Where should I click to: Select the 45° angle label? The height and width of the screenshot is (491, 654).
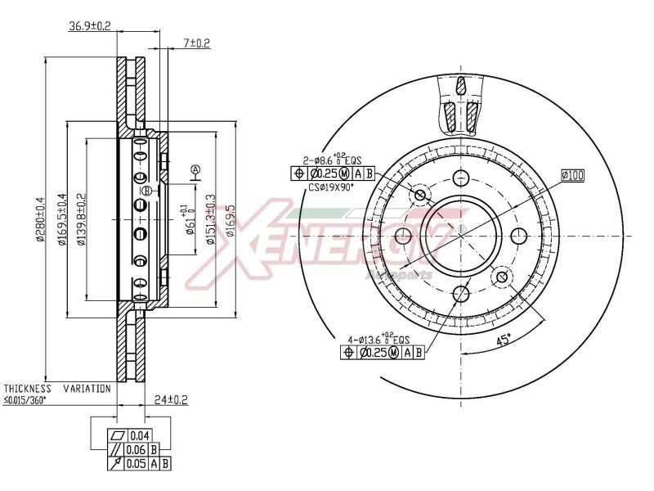pos(505,339)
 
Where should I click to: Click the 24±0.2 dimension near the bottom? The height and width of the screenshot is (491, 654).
pos(171,400)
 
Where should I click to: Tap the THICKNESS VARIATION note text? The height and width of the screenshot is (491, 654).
pos(56,389)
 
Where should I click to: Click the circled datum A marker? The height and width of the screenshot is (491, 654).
pos(195,170)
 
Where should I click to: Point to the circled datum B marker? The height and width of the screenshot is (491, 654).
pos(146,191)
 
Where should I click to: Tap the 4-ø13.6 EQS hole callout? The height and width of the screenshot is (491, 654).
pos(379,338)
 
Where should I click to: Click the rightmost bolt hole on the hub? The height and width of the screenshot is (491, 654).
pos(517,236)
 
